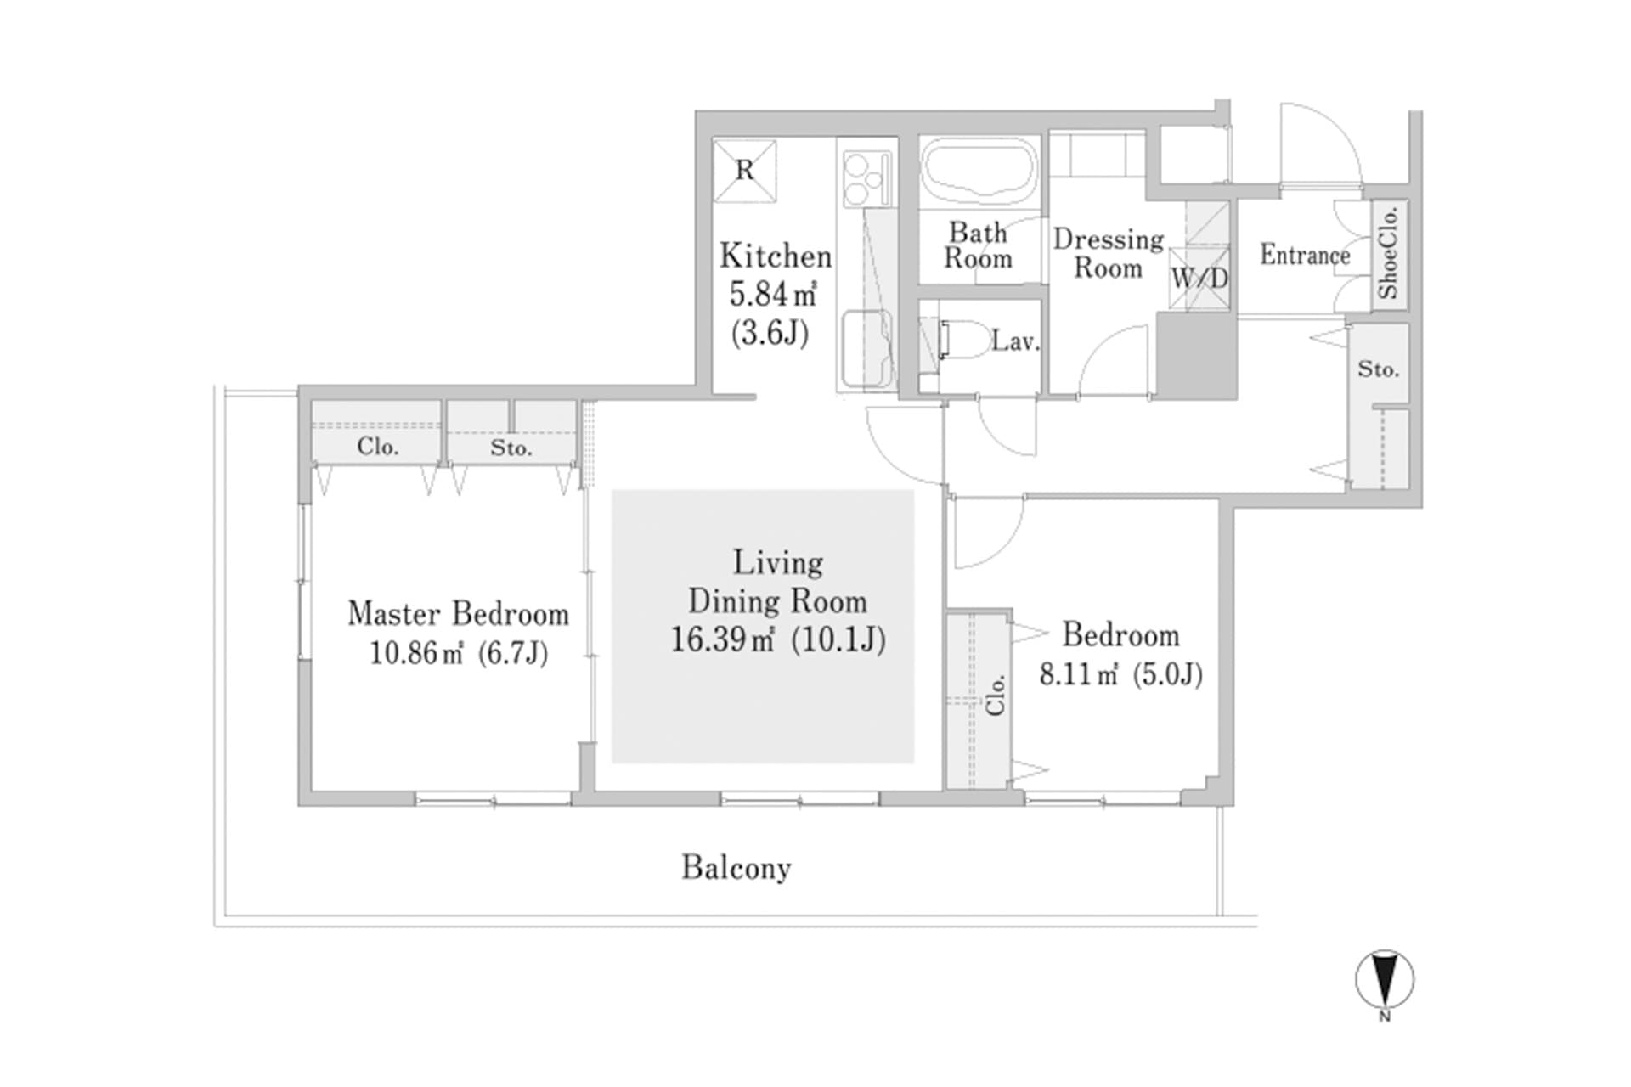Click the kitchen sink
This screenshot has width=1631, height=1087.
[x=866, y=349]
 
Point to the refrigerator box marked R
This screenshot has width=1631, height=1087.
[x=744, y=171]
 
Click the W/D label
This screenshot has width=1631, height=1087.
[x=1199, y=278]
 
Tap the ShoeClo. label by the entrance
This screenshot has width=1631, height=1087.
[x=1388, y=253]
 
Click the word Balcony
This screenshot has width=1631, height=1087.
[x=736, y=868]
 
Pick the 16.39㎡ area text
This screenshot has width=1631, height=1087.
[x=722, y=639]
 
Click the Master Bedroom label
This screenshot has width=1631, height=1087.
[x=458, y=613]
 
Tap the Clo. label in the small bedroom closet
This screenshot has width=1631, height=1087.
[x=996, y=695]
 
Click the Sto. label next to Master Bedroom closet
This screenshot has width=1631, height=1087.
[x=511, y=448]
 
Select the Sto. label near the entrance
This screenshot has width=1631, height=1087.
[x=1378, y=369]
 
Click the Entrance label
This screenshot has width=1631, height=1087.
[x=1304, y=255]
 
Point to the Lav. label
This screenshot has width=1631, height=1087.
[x=1015, y=341]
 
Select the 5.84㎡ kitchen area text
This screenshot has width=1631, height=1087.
[x=772, y=295]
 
